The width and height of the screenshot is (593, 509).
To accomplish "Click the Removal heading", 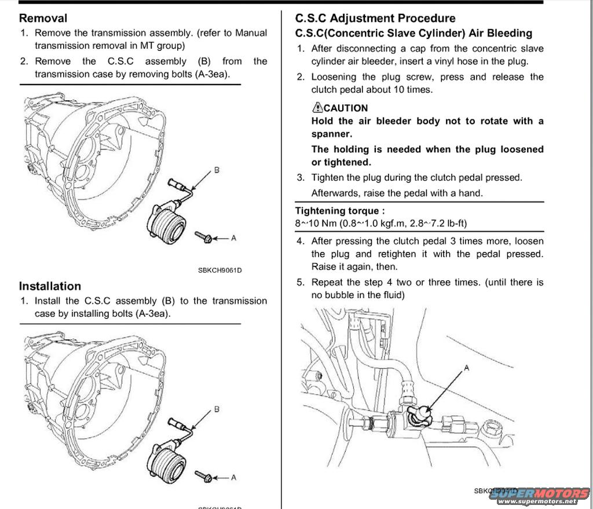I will [43, 18].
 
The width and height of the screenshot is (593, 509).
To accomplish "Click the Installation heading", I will [50, 286].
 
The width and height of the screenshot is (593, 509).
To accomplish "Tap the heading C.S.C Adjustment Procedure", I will [375, 18].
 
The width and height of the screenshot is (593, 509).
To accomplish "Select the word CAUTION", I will [346, 108].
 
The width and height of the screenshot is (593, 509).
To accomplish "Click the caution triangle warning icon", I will [317, 107].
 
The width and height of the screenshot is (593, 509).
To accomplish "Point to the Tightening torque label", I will [339, 211].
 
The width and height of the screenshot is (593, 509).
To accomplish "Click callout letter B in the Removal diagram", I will [217, 170].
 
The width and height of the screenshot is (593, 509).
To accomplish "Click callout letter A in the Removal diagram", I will [233, 237].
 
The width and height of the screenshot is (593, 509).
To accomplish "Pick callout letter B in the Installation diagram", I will [217, 409].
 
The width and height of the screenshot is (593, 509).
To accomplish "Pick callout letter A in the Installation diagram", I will [233, 478].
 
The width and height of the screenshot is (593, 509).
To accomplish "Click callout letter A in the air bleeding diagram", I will [467, 368].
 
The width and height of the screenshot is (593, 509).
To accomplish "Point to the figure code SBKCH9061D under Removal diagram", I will [219, 270].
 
